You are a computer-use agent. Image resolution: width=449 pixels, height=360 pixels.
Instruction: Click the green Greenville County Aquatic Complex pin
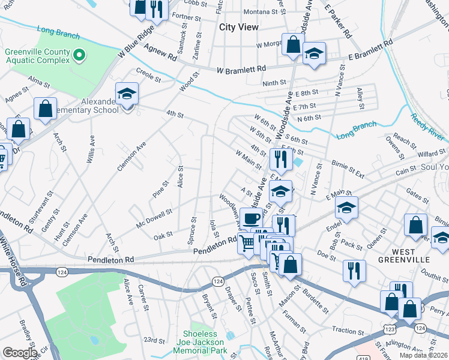click(x=79, y=56)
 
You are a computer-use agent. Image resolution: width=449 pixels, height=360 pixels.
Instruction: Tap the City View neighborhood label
click(x=239, y=27)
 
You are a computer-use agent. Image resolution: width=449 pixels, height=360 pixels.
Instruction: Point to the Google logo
click(x=19, y=353)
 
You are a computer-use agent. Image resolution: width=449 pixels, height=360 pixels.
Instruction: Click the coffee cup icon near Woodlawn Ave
click(x=251, y=217)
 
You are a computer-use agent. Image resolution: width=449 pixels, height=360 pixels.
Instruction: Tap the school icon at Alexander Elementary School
click(x=127, y=94)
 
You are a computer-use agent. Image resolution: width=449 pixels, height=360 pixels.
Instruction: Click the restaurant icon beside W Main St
click(x=281, y=159)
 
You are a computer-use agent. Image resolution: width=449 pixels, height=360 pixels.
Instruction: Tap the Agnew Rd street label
click(x=164, y=55)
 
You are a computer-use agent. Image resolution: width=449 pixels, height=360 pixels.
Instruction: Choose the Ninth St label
click(x=274, y=83)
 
